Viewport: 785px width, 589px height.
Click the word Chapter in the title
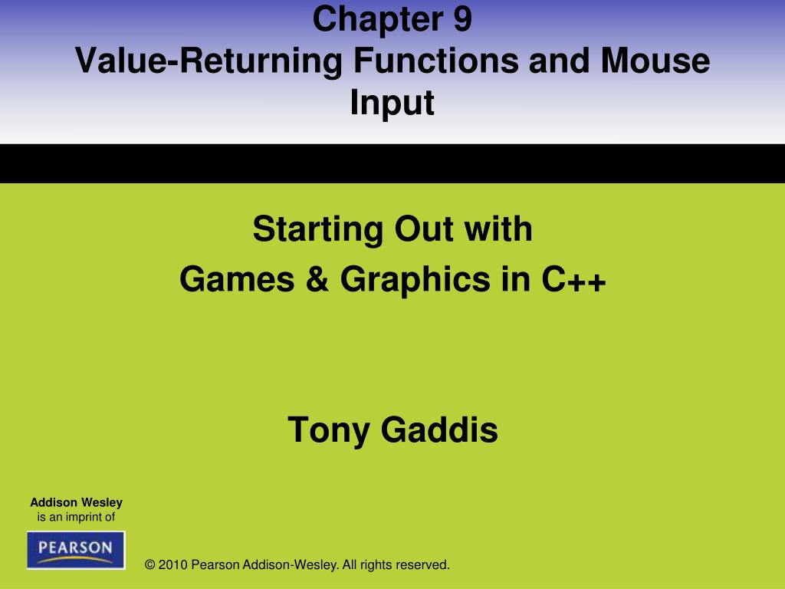[377, 19]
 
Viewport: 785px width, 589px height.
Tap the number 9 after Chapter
[462, 19]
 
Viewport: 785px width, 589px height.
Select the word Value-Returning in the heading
[209, 61]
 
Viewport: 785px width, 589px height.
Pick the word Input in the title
[392, 104]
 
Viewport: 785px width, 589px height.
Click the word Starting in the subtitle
[317, 230]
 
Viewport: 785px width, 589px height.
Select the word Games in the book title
[237, 279]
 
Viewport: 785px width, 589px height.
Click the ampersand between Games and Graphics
[317, 279]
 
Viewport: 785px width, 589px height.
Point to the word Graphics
[415, 280]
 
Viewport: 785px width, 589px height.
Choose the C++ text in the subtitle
[573, 279]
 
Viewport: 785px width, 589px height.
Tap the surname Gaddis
[439, 429]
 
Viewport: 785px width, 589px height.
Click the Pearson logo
[76, 550]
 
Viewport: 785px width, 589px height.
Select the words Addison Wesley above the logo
[76, 502]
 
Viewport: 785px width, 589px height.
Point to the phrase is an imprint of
[76, 517]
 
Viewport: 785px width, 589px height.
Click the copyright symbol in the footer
[149, 565]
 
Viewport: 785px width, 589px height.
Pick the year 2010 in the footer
[172, 565]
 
